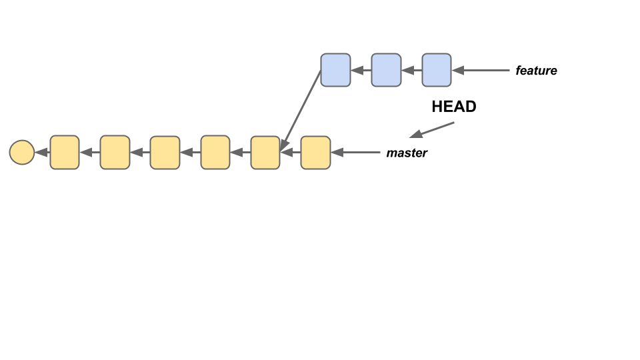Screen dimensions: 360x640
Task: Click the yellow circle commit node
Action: pyautogui.click(x=22, y=153)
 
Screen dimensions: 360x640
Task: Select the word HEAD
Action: pyautogui.click(x=454, y=107)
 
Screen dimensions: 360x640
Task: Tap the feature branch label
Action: pyautogui.click(x=536, y=71)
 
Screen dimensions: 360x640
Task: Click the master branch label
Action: pyautogui.click(x=407, y=153)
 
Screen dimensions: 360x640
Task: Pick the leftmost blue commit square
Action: pyautogui.click(x=335, y=70)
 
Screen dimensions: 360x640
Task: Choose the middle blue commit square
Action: pyautogui.click(x=386, y=70)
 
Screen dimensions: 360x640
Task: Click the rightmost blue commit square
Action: pyautogui.click(x=437, y=70)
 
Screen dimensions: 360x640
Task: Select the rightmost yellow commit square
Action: pyautogui.click(x=315, y=153)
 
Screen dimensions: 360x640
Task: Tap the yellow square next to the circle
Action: pyautogui.click(x=65, y=153)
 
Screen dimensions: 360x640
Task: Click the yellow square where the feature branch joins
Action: pyautogui.click(x=265, y=153)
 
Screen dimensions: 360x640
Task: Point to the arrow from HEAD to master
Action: pyautogui.click(x=432, y=129)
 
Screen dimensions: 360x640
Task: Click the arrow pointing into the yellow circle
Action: pyautogui.click(x=42, y=153)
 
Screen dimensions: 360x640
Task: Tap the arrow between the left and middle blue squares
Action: pyautogui.click(x=361, y=70)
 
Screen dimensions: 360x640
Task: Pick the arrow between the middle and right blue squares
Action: pyautogui.click(x=411, y=70)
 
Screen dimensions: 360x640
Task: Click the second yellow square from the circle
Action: pyautogui.click(x=115, y=153)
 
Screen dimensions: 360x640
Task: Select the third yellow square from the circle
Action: pyautogui.click(x=165, y=153)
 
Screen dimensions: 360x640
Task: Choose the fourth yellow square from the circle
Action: pyautogui.click(x=215, y=153)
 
